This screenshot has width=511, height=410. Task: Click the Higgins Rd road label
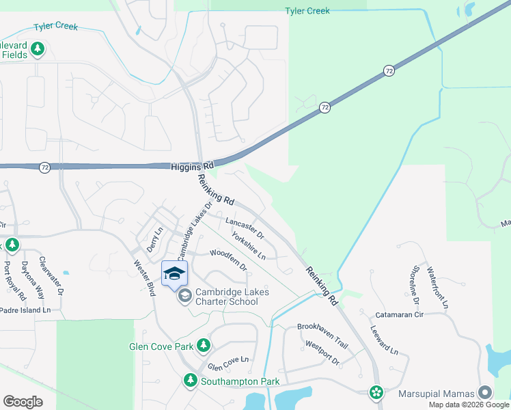[191, 165]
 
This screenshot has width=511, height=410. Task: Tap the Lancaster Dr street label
[245, 228]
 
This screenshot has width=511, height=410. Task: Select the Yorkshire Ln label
[249, 245]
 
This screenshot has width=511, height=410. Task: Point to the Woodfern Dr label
[228, 260]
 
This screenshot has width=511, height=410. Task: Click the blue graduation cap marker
[175, 274]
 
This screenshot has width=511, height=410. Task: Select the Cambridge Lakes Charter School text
[232, 297]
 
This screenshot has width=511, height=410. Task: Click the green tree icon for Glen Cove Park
[203, 346]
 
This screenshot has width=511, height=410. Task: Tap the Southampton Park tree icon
[191, 381]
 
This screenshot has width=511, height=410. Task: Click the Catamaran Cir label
[400, 315]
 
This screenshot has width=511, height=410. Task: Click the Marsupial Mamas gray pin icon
[485, 392]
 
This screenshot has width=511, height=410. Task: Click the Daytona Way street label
[32, 279]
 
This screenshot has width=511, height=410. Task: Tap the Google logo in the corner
[23, 402]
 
